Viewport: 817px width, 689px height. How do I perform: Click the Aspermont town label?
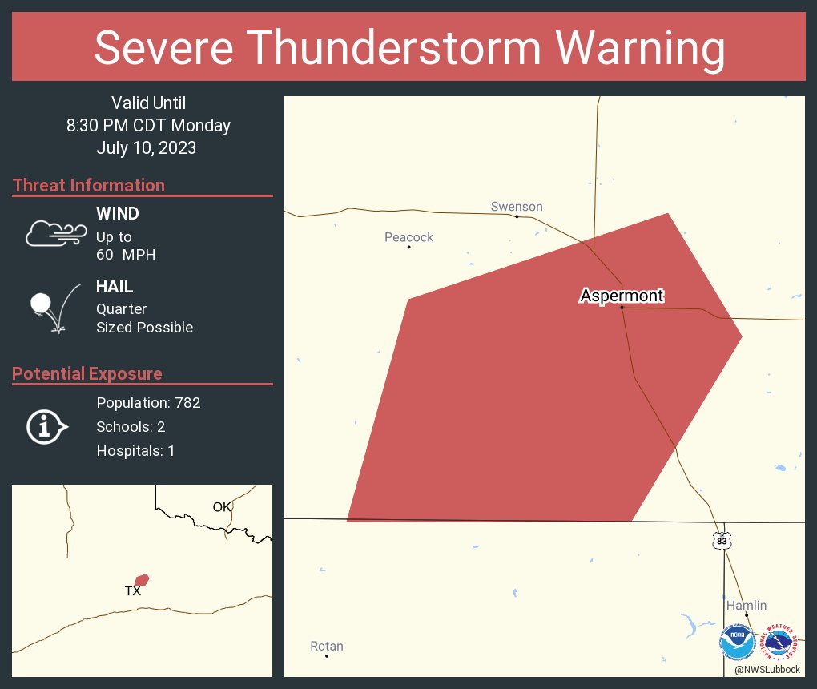pos(622,296)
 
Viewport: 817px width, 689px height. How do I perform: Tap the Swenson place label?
pos(517,207)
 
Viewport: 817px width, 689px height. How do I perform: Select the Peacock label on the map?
pos(408,237)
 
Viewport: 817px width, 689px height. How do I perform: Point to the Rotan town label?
pos(326,647)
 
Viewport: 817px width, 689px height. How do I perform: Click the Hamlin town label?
pos(747,606)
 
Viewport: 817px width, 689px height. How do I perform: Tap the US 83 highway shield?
pos(722,540)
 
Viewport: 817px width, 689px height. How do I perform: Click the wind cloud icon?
pos(55,232)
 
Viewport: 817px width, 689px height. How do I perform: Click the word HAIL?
pos(115,287)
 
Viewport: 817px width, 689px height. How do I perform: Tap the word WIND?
pos(117,214)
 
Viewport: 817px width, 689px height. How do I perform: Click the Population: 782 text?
pos(148,403)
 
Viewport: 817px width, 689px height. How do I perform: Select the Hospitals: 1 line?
pos(135,451)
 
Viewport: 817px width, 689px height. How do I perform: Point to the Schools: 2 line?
pos(131,427)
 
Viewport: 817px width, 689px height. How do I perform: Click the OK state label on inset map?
pos(222,506)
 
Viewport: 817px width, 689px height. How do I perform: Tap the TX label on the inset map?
pos(133,591)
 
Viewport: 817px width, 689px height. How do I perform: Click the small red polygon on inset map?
pos(142,579)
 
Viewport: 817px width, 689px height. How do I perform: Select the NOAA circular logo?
pos(737,643)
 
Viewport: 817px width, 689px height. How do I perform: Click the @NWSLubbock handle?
pos(767,669)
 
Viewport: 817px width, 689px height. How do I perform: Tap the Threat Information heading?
pos(89,186)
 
